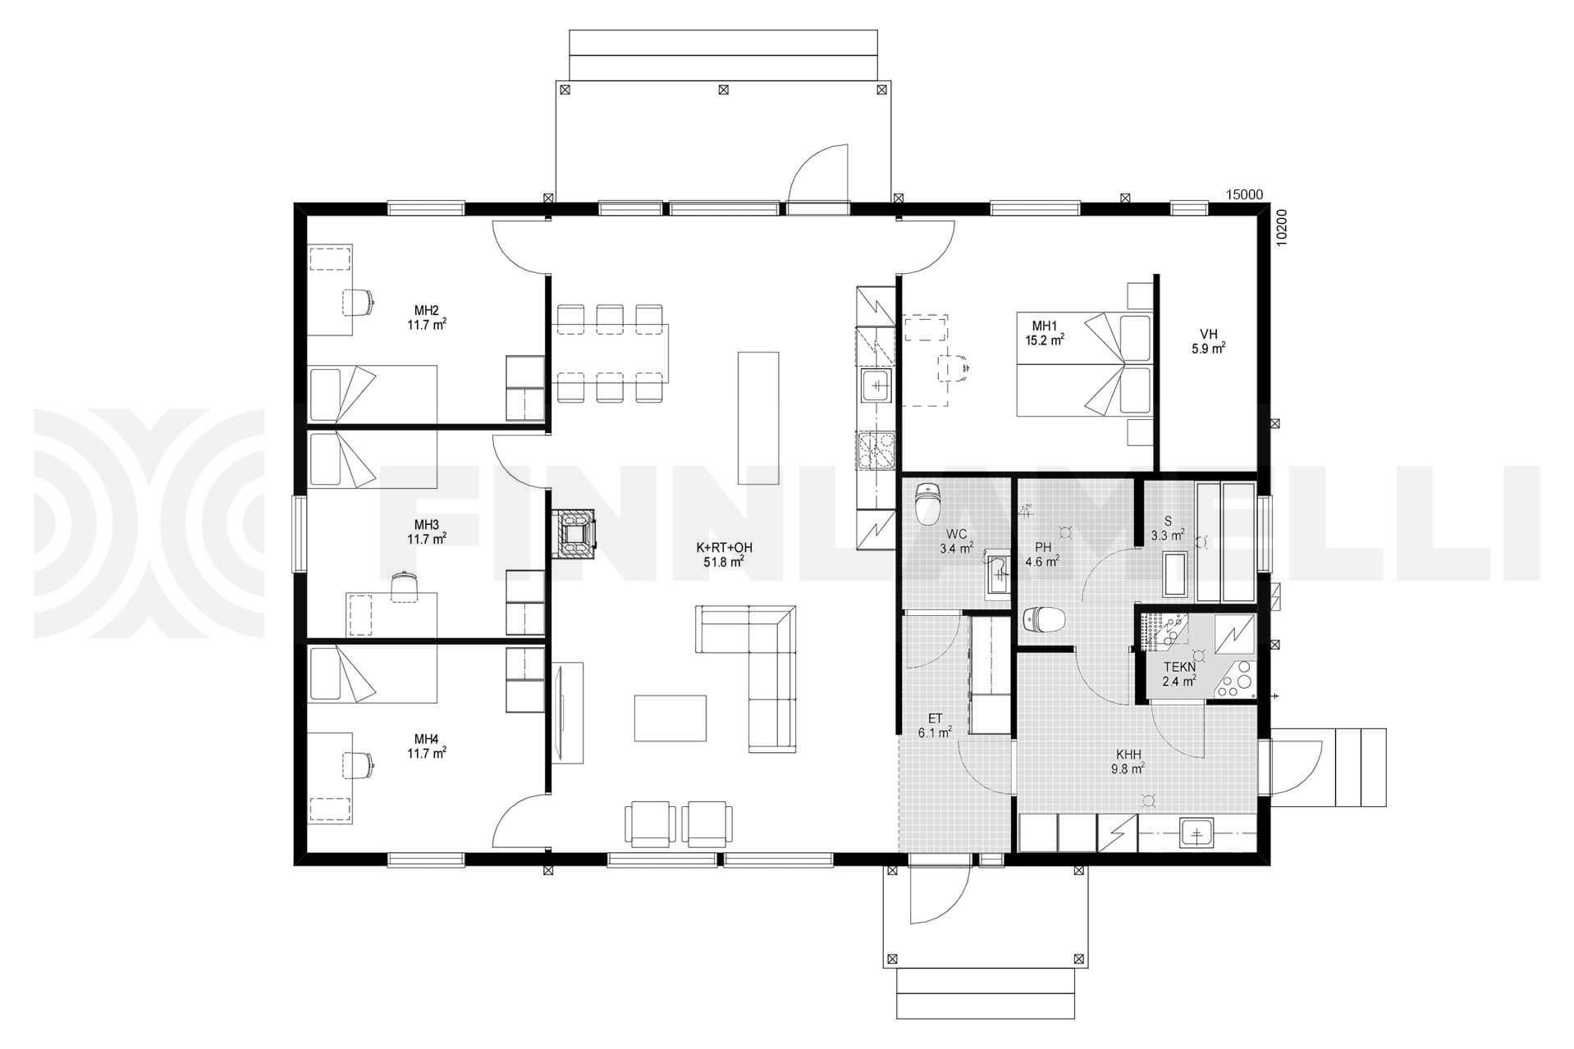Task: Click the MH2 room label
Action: tap(426, 310)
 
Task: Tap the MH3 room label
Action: tap(426, 525)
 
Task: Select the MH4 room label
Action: tap(426, 738)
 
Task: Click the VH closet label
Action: tap(1208, 334)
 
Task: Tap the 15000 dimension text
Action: tap(1244, 194)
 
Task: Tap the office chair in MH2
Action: tap(359, 302)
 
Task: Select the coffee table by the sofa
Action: tap(670, 718)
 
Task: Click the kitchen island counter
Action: tap(758, 417)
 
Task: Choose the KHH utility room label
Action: tap(1128, 755)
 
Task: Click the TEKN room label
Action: tap(1179, 667)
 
